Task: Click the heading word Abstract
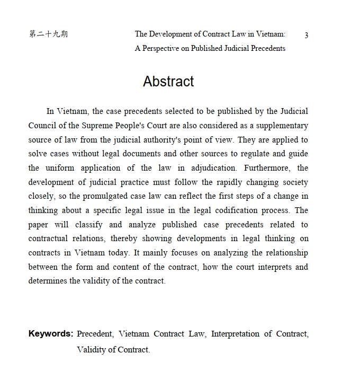coord(168,82)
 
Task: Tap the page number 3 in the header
coord(306,35)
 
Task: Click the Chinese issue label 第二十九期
coord(48,34)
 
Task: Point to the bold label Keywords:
coord(51,334)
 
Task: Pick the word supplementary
coord(282,126)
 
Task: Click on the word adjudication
coord(213,168)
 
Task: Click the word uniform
coord(60,168)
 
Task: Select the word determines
coord(48,281)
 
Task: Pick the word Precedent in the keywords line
coord(95,334)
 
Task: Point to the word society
coord(294,182)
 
